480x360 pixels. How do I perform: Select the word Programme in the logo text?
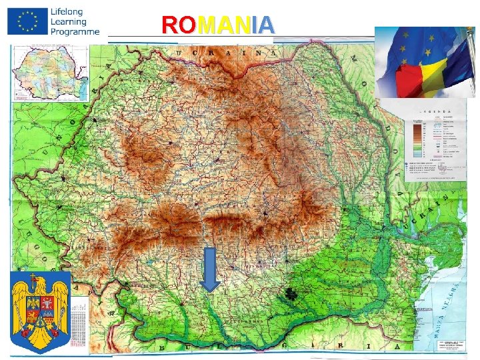point(75,31)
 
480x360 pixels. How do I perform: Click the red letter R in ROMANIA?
point(169,25)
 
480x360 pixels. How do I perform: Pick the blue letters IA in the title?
point(263,25)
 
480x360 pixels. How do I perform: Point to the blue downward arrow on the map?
point(211,269)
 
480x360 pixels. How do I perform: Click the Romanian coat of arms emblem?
point(41,312)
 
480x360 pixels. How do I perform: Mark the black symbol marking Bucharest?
point(291,293)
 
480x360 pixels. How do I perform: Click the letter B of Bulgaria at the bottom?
point(161,348)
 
